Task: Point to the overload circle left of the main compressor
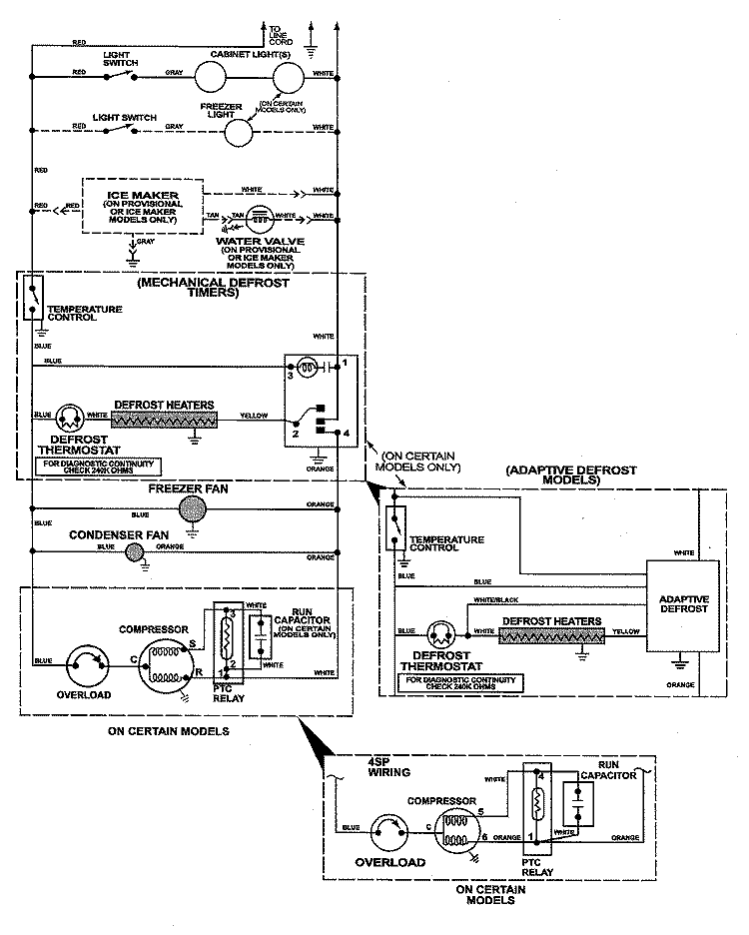tap(85, 662)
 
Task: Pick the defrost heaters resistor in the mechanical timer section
tap(164, 417)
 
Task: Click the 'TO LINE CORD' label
tap(282, 34)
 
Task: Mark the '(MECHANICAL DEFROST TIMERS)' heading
tap(213, 288)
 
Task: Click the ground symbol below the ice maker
tap(133, 254)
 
